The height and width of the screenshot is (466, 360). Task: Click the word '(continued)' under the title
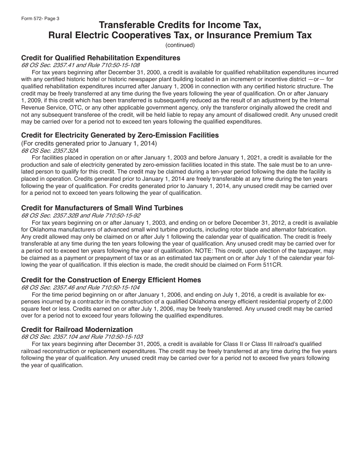(180, 45)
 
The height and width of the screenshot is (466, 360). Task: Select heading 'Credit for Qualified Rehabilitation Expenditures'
(101, 58)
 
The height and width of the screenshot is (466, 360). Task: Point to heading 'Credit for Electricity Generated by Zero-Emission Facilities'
(120, 135)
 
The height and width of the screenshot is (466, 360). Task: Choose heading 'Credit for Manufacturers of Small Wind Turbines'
(102, 208)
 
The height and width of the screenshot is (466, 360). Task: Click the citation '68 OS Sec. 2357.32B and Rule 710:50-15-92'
(81, 215)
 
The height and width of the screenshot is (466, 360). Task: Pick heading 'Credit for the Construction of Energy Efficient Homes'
(111, 280)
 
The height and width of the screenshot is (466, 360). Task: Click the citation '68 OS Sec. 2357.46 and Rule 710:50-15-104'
(80, 287)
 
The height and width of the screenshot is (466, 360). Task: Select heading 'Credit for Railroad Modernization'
(77, 330)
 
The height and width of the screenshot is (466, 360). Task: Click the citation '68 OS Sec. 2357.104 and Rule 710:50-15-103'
(82, 337)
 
